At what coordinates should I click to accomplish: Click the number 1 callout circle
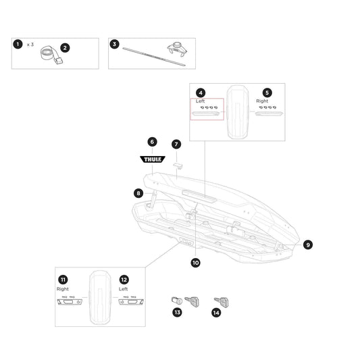(17, 44)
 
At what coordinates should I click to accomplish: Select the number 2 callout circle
(65, 48)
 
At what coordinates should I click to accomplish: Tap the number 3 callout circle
(114, 44)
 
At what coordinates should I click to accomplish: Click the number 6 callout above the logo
(153, 142)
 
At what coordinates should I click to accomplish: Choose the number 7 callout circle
(176, 144)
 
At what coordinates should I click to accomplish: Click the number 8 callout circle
(138, 193)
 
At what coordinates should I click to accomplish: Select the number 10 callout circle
(196, 263)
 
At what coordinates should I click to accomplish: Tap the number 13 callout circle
(178, 311)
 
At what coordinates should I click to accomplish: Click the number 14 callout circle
(217, 311)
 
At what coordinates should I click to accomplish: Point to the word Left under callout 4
(201, 101)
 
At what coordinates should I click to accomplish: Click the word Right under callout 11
(63, 288)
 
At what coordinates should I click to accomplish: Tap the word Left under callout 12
(124, 288)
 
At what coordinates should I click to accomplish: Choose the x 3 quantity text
(30, 44)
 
